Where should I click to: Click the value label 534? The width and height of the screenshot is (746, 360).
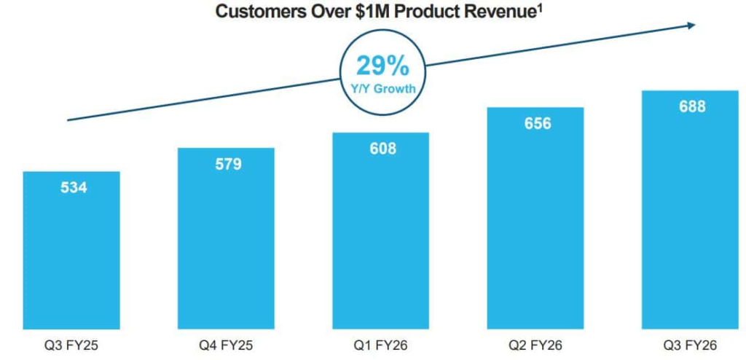coord(71,188)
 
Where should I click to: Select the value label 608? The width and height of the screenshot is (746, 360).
coord(382,149)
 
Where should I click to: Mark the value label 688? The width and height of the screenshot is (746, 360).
coord(692,106)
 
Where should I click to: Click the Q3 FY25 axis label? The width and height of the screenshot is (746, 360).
coord(71,345)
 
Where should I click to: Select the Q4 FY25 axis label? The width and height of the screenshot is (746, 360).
coord(226,345)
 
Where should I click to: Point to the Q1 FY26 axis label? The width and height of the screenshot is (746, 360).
coord(380,345)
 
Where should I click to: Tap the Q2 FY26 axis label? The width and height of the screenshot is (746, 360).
coord(535,345)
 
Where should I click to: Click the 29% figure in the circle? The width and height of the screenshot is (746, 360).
coord(382,66)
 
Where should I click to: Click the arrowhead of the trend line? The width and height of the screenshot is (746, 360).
coord(690,26)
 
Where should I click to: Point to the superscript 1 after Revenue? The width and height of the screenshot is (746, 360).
coord(541,8)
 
